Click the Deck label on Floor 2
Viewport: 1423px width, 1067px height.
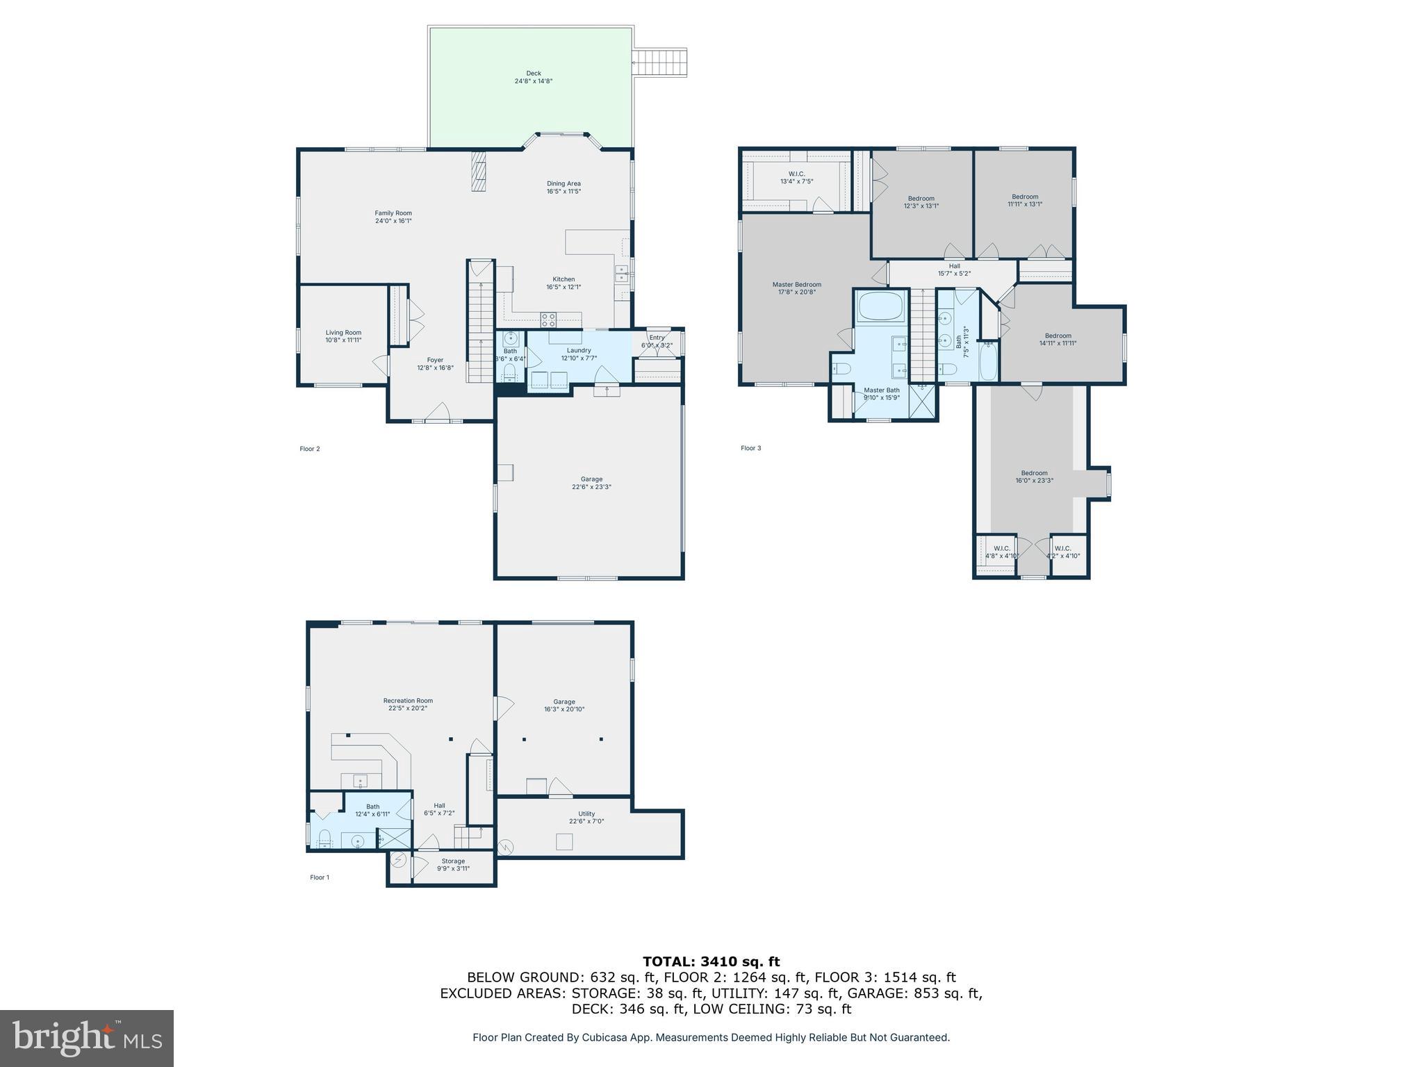point(533,73)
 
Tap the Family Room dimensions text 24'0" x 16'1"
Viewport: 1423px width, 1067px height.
point(394,221)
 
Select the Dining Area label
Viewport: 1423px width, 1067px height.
point(564,183)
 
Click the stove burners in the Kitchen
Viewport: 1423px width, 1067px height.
point(548,320)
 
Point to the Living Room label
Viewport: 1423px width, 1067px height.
point(343,332)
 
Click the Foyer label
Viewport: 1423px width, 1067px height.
point(435,360)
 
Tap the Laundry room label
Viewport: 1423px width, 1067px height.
point(579,350)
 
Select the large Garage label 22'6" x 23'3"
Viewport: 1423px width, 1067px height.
point(591,487)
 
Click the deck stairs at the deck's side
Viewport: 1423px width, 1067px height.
point(661,62)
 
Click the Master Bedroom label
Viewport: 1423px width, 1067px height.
point(796,284)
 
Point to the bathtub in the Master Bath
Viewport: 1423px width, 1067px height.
point(880,306)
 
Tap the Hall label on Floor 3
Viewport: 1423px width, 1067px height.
point(954,266)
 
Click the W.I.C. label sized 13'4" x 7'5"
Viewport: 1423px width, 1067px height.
point(796,174)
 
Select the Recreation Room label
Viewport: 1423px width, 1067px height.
point(408,700)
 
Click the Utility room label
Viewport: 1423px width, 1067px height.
point(586,813)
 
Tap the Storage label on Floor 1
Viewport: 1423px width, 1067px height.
point(453,861)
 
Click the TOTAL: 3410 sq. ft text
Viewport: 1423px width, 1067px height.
point(711,961)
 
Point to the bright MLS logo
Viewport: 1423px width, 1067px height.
point(87,1038)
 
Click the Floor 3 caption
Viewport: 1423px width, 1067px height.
point(750,448)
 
